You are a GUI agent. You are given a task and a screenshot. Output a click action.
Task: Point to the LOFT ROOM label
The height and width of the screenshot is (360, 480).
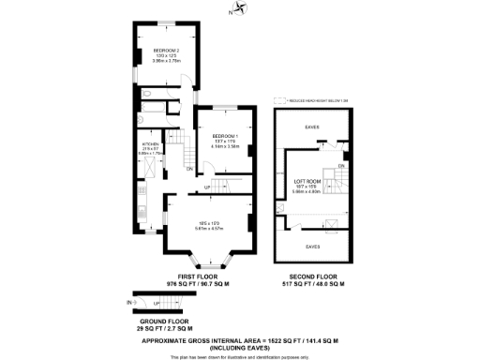[x=307, y=181]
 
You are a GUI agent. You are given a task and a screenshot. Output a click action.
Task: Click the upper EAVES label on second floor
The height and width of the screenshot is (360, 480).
[x=312, y=127]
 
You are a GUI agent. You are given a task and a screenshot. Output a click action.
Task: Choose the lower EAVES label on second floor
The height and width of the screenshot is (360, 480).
[x=313, y=246]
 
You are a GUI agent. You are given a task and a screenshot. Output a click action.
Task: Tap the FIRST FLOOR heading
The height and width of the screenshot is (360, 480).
[x=185, y=276]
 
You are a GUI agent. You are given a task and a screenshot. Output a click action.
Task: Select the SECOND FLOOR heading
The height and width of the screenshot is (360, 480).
[x=313, y=276]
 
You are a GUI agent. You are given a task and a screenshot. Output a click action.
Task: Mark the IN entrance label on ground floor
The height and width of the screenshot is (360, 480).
[x=129, y=303]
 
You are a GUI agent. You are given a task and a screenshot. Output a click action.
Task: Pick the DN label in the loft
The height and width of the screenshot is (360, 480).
[x=341, y=166]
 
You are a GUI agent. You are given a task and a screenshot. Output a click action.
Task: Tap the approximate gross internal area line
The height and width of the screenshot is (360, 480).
[x=239, y=341]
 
